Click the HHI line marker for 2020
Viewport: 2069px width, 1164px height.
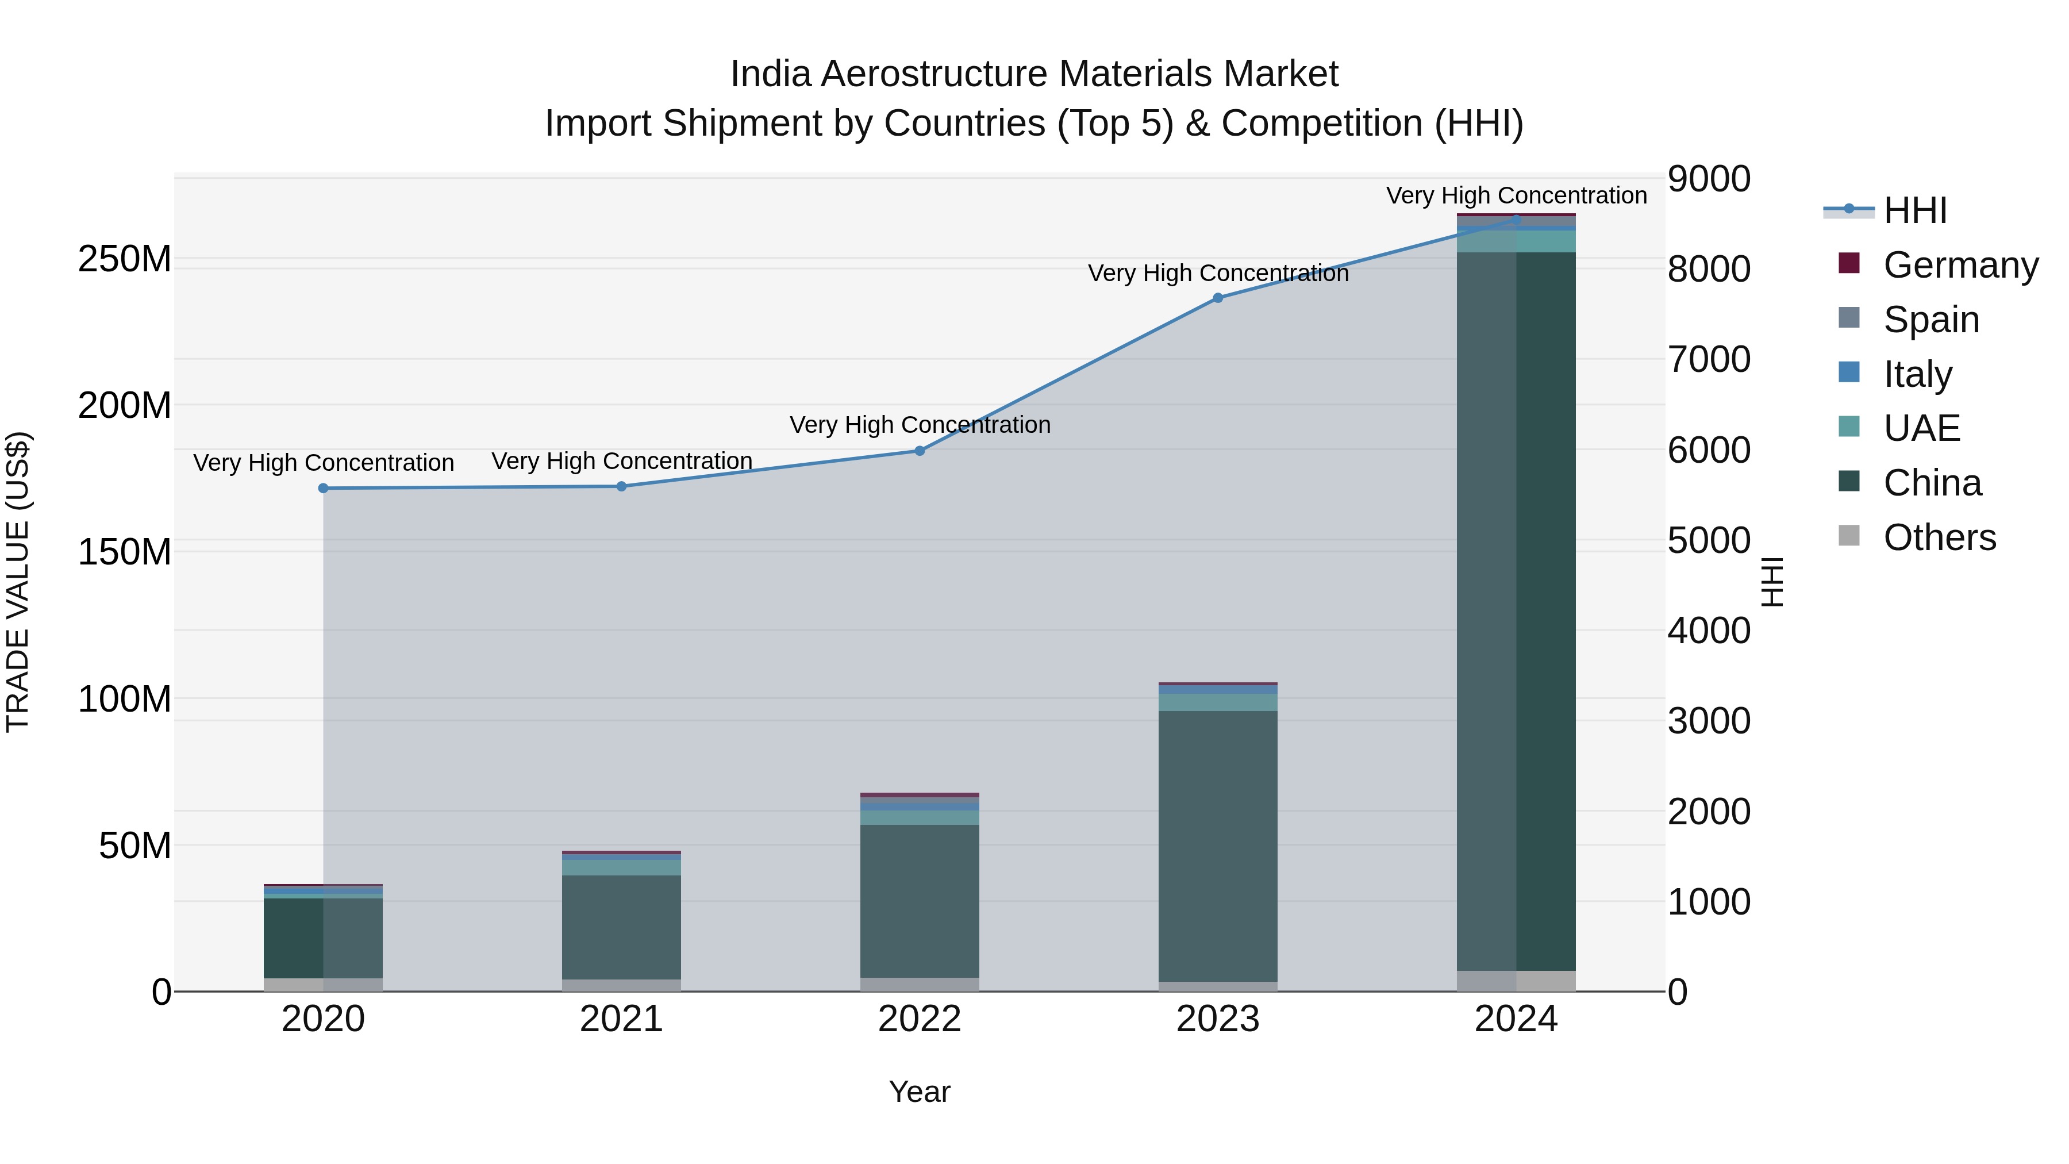click(x=323, y=489)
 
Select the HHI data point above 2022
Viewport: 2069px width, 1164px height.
click(x=920, y=451)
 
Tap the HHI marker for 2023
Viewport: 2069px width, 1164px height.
click(x=1218, y=298)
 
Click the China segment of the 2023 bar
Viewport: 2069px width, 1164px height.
click(x=1218, y=843)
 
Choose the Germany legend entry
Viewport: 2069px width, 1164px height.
click(x=1960, y=265)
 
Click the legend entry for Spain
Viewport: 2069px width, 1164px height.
click(x=1931, y=320)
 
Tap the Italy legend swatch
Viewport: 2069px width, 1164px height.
click(x=1849, y=372)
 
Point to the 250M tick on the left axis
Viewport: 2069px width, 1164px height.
click(x=125, y=259)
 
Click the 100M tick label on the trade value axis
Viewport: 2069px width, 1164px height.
click(x=125, y=699)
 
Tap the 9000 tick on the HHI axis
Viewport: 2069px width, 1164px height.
click(x=1709, y=179)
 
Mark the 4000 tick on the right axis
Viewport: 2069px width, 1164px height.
click(x=1709, y=631)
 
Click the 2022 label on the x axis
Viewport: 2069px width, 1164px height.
click(x=920, y=1019)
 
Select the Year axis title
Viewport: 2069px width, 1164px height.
click(x=920, y=1092)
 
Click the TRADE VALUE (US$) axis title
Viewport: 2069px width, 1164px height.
click(x=18, y=582)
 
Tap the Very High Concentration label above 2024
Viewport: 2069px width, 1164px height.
click(x=1517, y=195)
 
